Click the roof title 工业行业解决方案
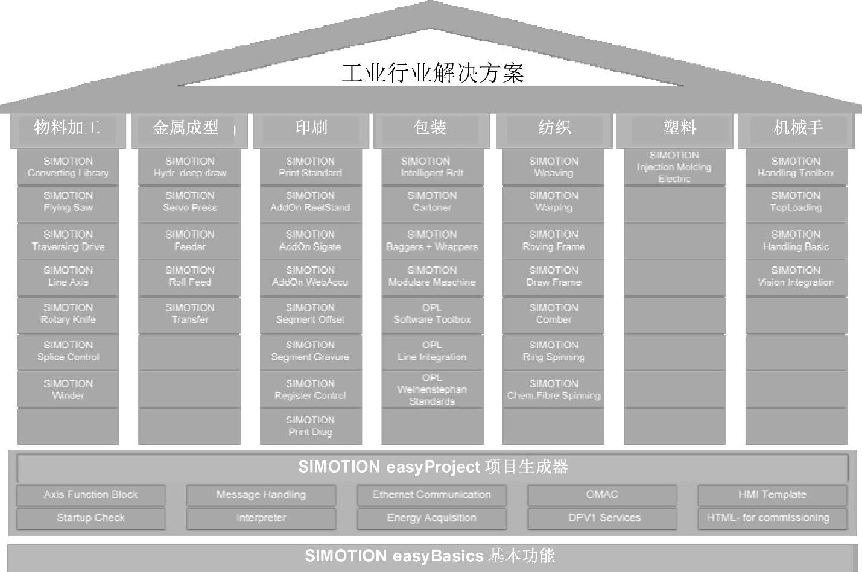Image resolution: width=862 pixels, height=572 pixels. click(x=432, y=73)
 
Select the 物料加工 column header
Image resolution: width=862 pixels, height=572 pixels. click(x=68, y=128)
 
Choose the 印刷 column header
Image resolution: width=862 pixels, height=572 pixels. click(x=311, y=128)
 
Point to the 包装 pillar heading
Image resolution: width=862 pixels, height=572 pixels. click(x=430, y=128)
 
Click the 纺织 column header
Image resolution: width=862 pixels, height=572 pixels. click(x=554, y=128)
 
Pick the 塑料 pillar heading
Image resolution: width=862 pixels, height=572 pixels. click(x=680, y=128)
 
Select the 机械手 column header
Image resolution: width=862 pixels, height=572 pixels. click(x=797, y=128)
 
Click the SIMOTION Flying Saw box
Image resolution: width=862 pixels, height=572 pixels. click(x=68, y=202)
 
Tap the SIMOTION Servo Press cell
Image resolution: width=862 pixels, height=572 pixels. click(x=190, y=202)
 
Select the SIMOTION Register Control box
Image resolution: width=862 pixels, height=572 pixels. click(x=310, y=389)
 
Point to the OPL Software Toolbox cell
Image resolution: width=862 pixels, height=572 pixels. click(x=432, y=314)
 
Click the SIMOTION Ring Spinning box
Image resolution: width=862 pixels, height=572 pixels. click(x=554, y=351)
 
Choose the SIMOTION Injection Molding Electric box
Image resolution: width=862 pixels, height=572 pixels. click(x=674, y=167)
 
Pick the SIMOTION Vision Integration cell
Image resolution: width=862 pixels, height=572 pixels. click(x=796, y=277)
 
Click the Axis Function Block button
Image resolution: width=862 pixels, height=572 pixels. click(x=90, y=495)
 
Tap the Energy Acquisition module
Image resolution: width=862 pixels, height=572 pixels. click(x=432, y=518)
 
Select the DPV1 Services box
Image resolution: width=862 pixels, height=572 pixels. click(x=604, y=518)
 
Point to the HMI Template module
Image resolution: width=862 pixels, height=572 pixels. click(x=772, y=495)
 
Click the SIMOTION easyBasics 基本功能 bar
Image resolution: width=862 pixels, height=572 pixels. click(x=431, y=556)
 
